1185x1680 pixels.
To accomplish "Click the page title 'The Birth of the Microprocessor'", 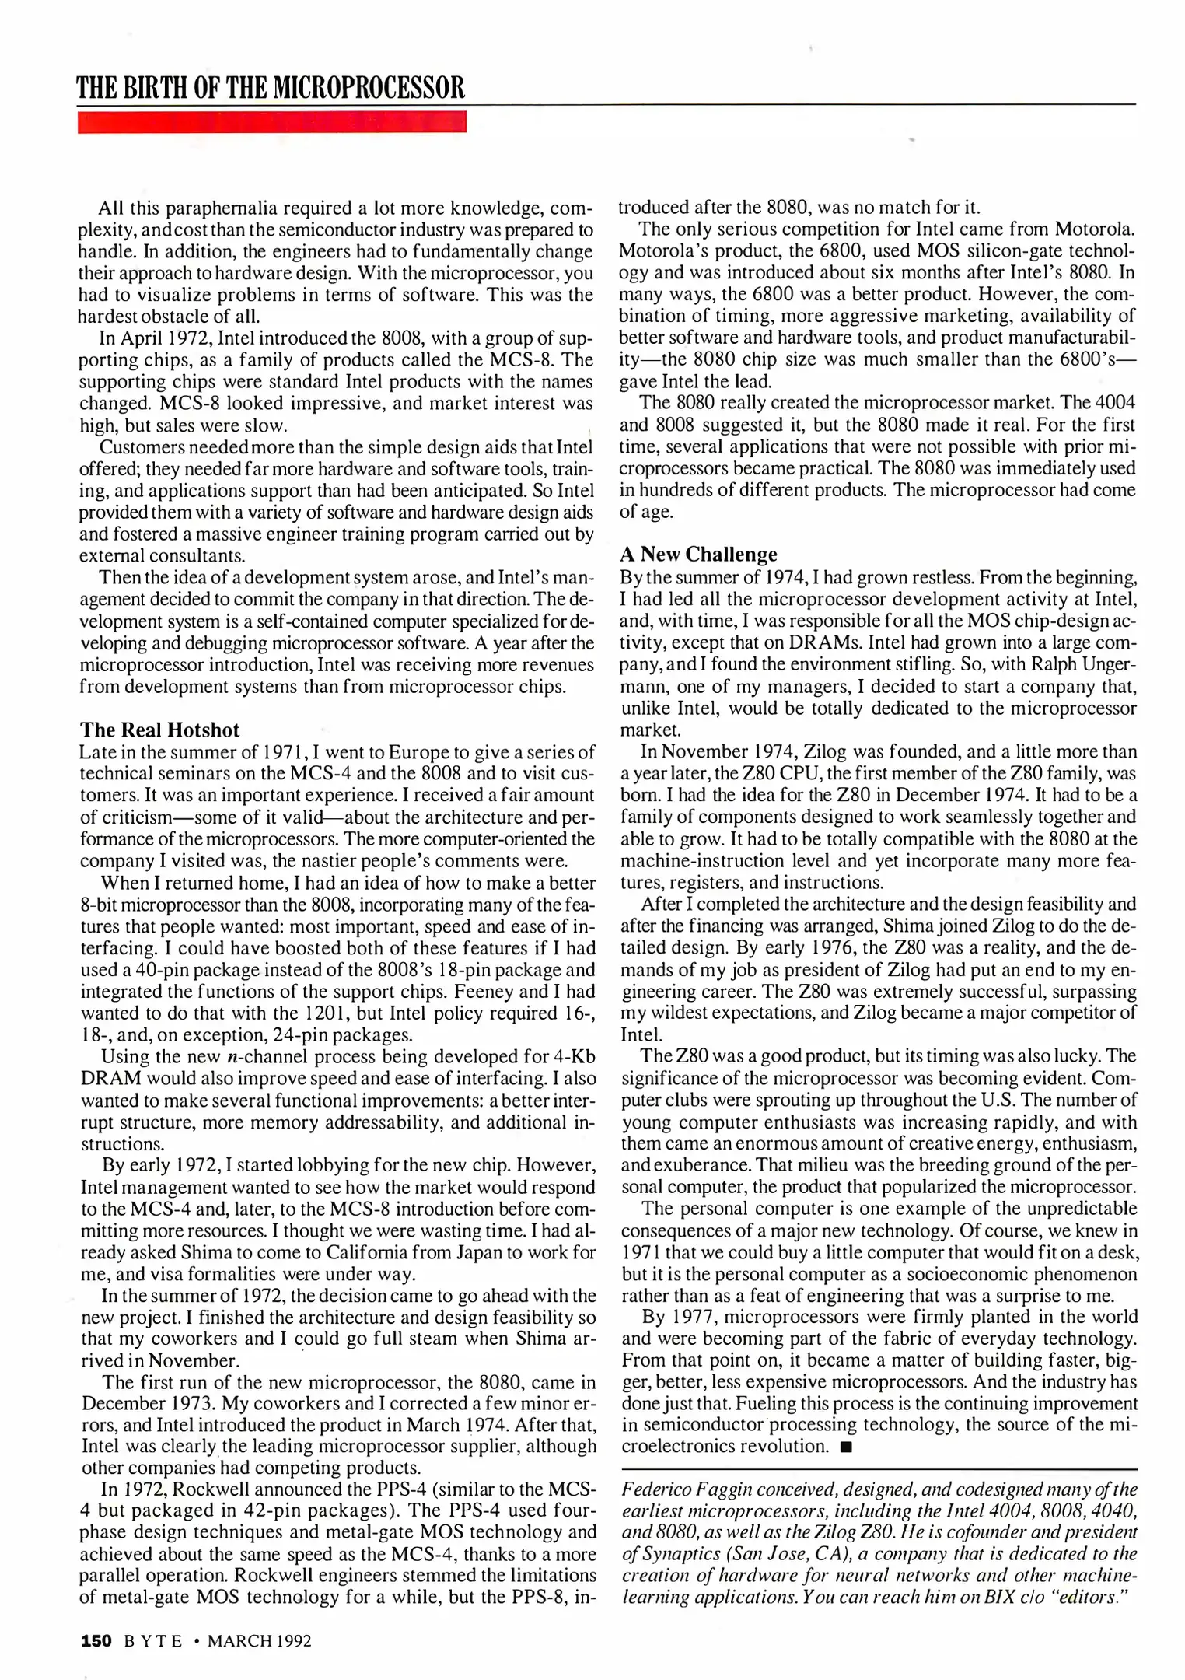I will click(x=270, y=87).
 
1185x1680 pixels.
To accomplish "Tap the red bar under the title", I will click(x=271, y=123).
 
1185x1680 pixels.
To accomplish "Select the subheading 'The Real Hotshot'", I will click(x=159, y=730).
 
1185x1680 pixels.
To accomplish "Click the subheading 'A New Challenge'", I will click(x=698, y=554).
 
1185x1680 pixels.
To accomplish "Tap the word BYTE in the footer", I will click(x=153, y=1641).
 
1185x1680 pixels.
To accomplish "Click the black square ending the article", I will click(x=847, y=1447).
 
